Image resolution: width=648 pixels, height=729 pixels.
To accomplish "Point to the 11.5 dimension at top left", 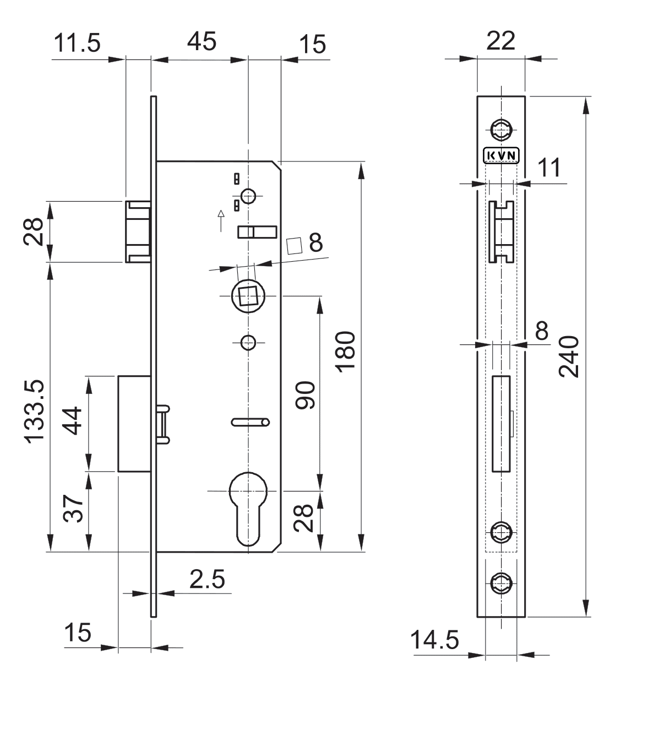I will (77, 43).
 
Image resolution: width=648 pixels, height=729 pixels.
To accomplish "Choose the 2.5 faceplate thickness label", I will (207, 579).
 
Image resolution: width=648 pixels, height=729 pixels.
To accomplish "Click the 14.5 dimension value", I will (434, 640).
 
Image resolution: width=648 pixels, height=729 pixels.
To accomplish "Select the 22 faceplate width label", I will (500, 41).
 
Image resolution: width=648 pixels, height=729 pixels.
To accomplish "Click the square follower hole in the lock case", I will (248, 296).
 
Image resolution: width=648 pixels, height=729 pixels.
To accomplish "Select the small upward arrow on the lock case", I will (221, 220).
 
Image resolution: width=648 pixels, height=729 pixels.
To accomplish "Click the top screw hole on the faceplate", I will (502, 130).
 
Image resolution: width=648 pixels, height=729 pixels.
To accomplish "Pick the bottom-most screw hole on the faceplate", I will (502, 583).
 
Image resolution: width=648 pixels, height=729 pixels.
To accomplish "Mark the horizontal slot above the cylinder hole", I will (250, 422).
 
